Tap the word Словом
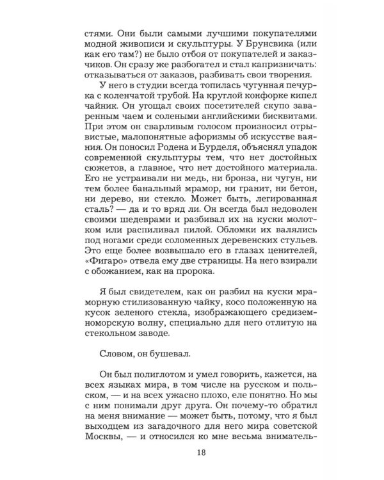tap(119, 399)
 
